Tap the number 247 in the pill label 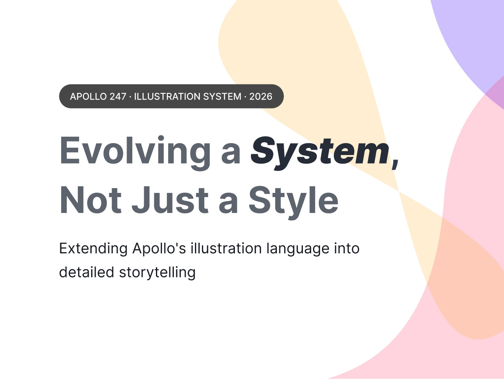click(118, 96)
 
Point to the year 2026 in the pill click(261, 96)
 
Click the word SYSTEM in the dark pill click(222, 96)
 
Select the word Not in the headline click(90, 200)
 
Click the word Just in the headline click(170, 200)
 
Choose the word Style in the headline click(294, 202)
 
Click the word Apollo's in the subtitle click(159, 248)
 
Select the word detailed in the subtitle click(87, 272)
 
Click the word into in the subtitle click(347, 248)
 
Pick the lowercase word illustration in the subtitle click(226, 248)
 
